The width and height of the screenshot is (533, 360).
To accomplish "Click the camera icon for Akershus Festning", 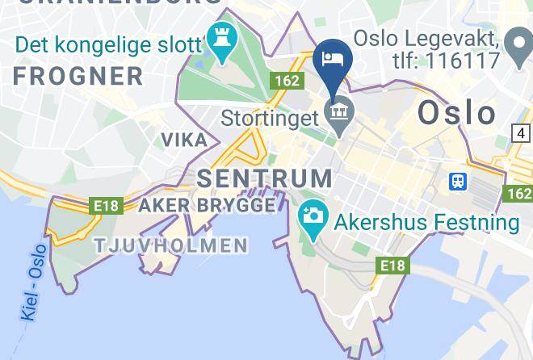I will point(311,216).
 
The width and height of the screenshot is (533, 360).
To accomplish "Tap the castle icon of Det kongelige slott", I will point(218,36).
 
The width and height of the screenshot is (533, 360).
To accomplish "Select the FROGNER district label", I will point(78,77).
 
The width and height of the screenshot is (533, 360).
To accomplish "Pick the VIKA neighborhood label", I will point(184,140).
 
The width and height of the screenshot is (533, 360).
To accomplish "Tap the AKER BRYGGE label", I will point(207,206).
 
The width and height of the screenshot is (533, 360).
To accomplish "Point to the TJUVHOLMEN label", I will point(170,245).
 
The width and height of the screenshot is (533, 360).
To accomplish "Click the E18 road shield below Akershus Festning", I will point(392,265).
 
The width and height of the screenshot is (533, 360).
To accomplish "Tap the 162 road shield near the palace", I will point(286,80).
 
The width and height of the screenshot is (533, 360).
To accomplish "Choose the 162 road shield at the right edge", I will point(518,194).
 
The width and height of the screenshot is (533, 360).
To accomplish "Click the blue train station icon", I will point(457,181).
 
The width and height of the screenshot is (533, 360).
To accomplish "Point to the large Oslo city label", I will point(456,113).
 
